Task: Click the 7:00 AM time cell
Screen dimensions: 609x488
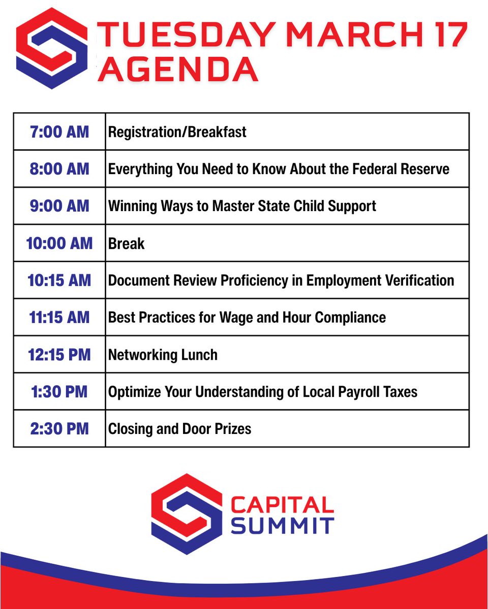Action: [59, 132]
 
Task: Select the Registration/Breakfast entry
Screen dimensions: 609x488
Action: [177, 132]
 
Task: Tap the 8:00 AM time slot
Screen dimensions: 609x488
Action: [59, 169]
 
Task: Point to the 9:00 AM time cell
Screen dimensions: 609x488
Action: [59, 206]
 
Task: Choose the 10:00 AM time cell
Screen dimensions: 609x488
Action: [59, 243]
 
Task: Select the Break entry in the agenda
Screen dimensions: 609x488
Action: [126, 244]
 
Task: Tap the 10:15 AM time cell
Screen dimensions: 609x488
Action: [59, 280]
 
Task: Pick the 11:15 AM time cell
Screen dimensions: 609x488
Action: [59, 318]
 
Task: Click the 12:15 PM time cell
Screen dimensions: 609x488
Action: [59, 355]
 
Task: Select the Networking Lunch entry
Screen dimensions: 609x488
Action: [163, 355]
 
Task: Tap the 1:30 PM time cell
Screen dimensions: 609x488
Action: [59, 392]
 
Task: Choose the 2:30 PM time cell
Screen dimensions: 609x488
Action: [59, 429]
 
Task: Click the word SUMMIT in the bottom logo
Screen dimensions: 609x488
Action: [282, 525]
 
